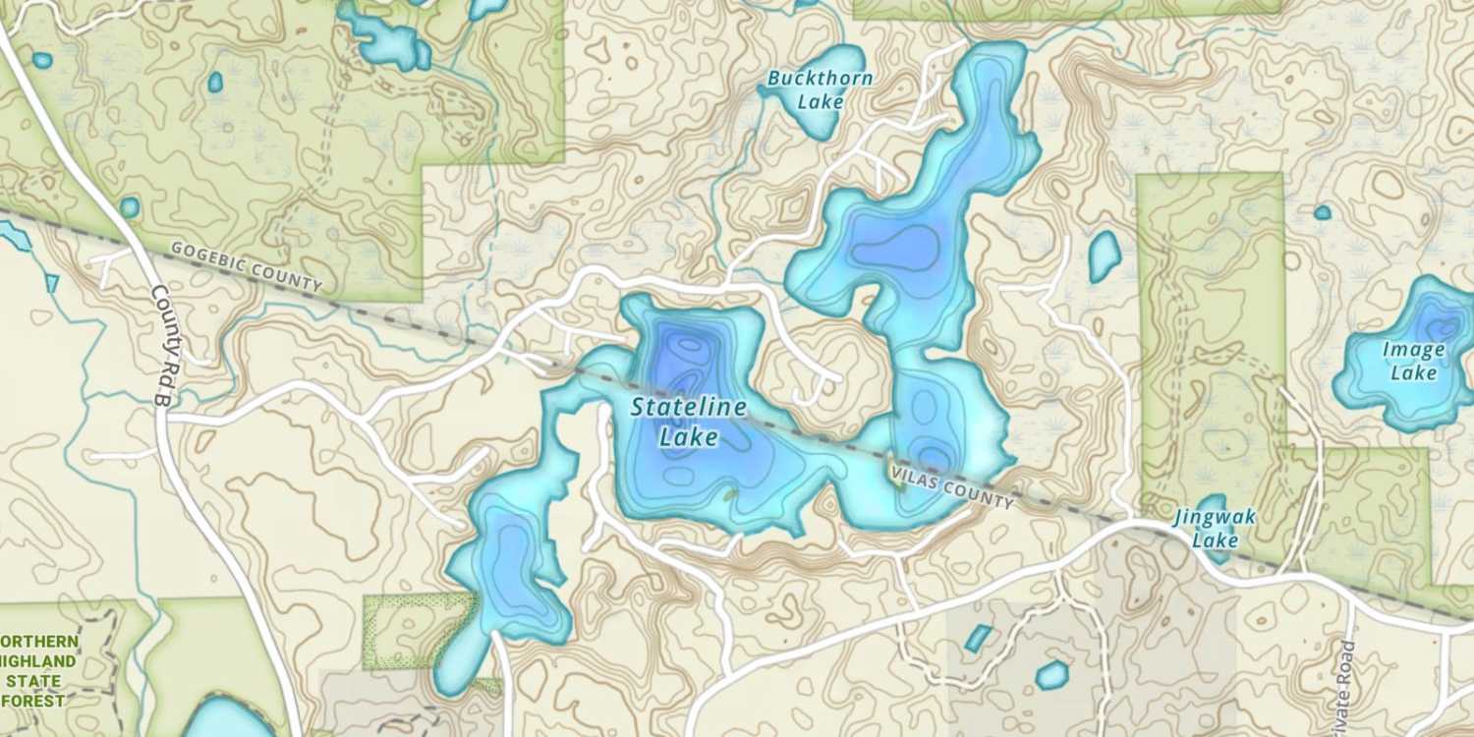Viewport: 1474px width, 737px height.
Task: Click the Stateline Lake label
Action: [688, 422]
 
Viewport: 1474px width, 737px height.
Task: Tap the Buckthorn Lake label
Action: [821, 88]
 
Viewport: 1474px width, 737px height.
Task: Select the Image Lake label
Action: [1413, 361]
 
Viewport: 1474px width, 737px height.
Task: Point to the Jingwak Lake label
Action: [1215, 528]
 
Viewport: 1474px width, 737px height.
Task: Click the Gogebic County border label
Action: [247, 266]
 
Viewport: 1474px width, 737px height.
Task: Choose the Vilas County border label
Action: [952, 489]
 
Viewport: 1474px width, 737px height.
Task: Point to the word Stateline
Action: [688, 407]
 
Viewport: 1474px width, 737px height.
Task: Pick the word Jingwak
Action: [1215, 517]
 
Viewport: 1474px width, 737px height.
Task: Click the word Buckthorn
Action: [821, 78]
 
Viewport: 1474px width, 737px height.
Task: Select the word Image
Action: [1413, 350]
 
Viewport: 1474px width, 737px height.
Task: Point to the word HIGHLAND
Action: [37, 661]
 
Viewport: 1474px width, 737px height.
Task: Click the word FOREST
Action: [33, 701]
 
